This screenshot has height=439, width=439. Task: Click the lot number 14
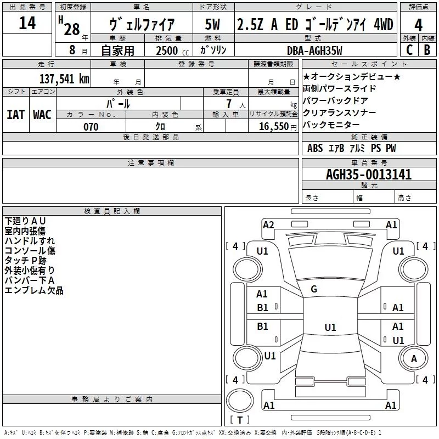[x=27, y=24]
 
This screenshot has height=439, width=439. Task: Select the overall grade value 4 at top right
[x=418, y=26]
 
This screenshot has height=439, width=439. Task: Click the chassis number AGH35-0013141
[x=368, y=175]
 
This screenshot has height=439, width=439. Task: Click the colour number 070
[x=91, y=127]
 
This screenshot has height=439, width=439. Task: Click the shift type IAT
[x=15, y=115]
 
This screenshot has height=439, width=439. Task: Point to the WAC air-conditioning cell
[x=42, y=115]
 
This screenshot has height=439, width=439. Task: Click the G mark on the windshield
[x=314, y=289]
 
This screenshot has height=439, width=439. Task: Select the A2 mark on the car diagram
[x=268, y=224]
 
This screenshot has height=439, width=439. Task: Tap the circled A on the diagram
[x=414, y=358]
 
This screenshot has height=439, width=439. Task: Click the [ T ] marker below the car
[x=240, y=420]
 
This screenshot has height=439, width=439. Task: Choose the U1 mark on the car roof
[x=330, y=328]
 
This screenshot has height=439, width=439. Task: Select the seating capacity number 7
[x=235, y=103]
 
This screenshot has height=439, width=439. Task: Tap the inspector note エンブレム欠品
[x=34, y=290]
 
